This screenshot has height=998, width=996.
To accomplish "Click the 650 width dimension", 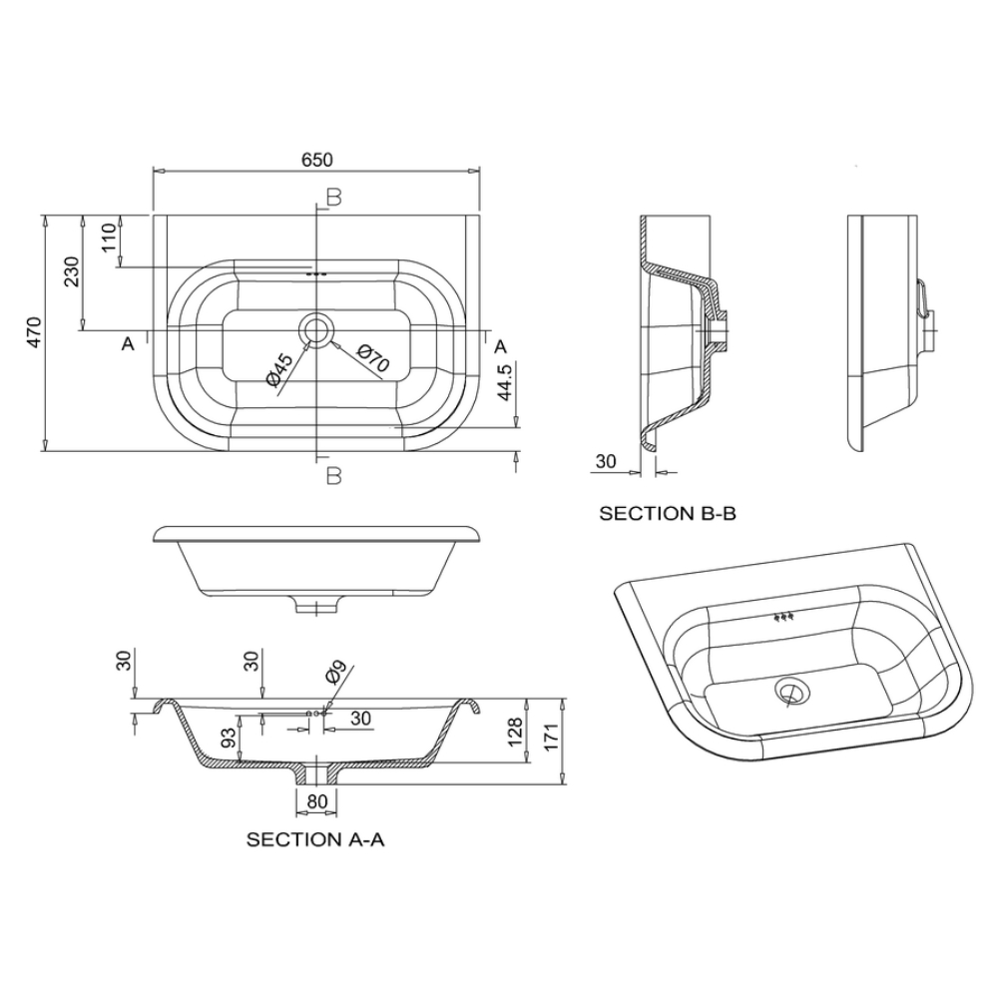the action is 317,159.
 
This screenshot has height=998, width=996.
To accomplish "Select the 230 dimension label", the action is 71,271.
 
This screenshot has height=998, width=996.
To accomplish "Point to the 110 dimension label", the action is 109,237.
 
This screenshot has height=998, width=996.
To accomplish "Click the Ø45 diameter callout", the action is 279,370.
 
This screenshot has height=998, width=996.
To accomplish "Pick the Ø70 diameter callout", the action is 373,357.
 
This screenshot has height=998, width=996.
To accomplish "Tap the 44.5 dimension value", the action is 505,382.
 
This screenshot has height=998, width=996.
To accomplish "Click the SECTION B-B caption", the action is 668,513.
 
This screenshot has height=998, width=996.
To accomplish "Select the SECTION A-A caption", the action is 315,839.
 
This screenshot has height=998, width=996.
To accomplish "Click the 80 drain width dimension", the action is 317,801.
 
